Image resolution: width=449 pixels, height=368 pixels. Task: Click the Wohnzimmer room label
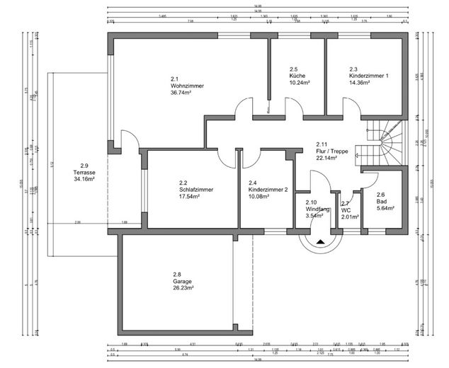click(x=187, y=86)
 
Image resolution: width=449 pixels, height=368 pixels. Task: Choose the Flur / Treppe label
click(x=331, y=151)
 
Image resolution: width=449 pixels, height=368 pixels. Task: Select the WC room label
click(x=346, y=210)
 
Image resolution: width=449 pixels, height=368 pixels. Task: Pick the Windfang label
click(x=315, y=209)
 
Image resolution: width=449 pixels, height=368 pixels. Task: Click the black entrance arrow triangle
click(x=321, y=241)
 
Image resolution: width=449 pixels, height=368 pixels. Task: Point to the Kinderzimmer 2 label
click(x=268, y=190)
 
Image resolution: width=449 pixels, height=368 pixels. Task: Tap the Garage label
click(x=183, y=281)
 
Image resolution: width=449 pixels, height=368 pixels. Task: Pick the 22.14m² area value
click(x=326, y=157)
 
